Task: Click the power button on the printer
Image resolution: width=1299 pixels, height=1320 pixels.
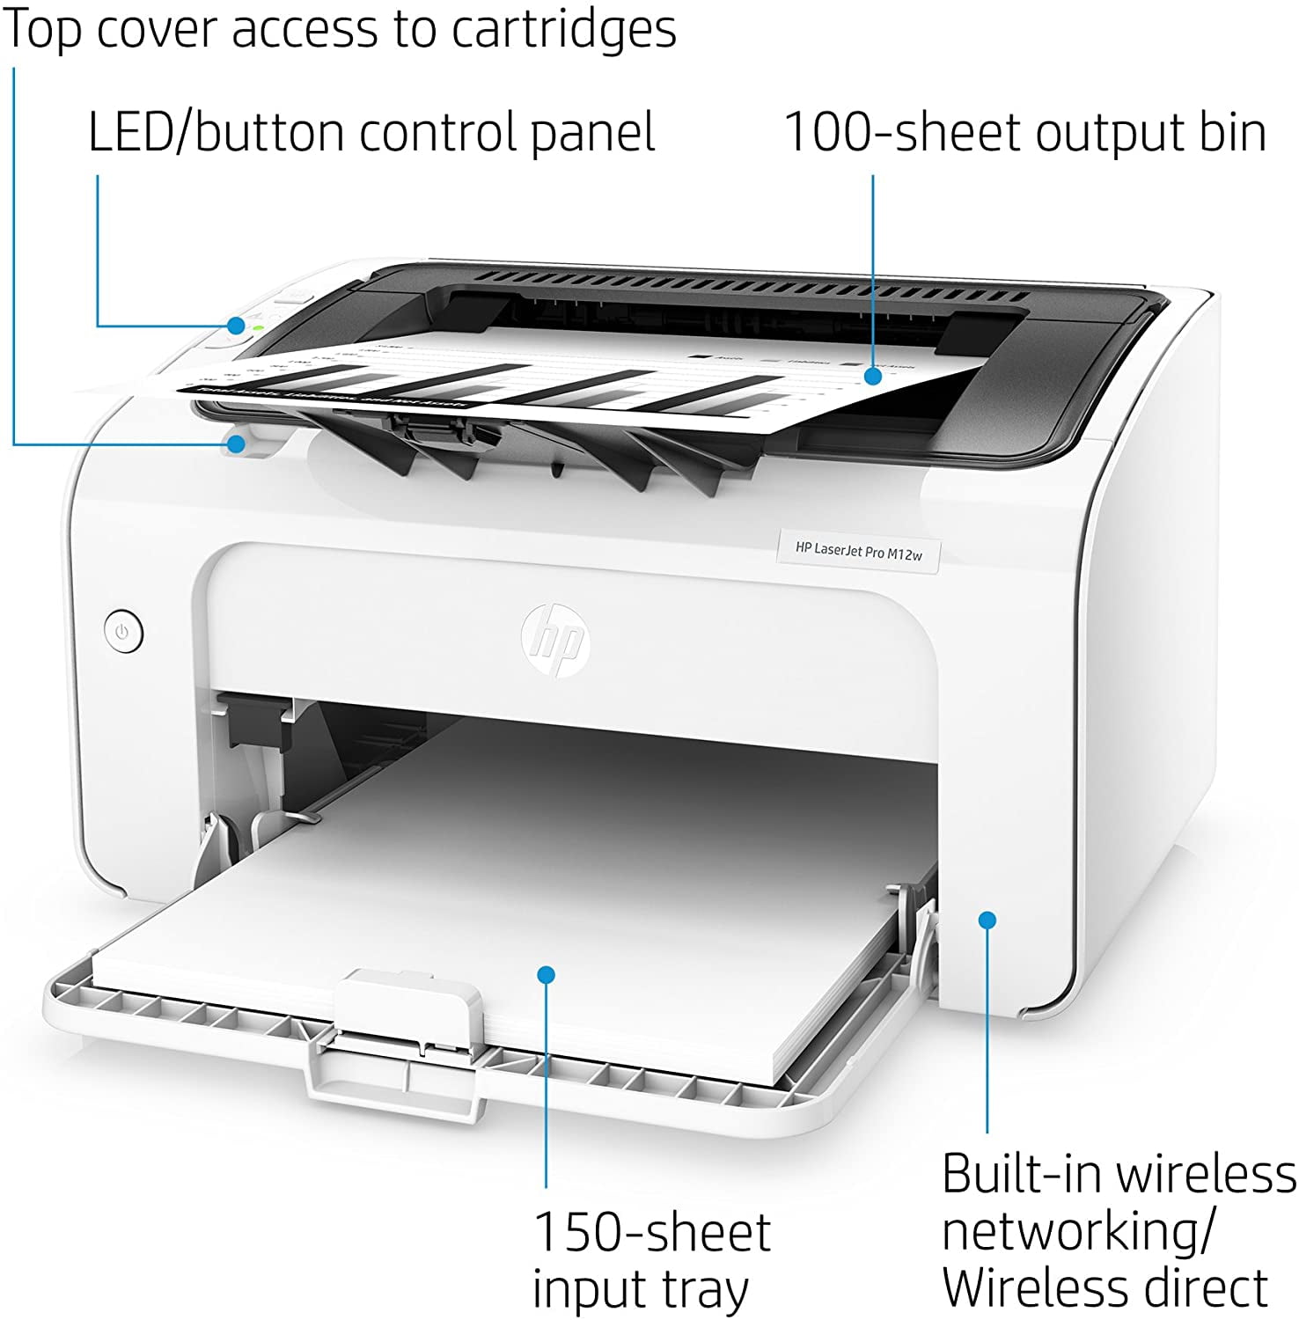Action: [x=122, y=632]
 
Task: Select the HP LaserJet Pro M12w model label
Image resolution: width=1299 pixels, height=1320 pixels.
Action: [x=858, y=551]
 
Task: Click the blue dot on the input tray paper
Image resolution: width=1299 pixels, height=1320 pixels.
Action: [x=547, y=974]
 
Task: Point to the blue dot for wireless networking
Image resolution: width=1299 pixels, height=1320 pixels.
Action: [x=987, y=920]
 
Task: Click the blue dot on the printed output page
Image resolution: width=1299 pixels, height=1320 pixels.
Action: [x=872, y=376]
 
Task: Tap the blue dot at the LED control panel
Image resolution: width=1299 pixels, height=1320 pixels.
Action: [x=236, y=326]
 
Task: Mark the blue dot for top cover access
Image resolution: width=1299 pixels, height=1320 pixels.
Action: [x=235, y=444]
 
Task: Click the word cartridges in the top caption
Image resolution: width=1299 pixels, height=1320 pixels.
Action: [x=564, y=30]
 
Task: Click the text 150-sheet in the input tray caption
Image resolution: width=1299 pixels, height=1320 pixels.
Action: [x=652, y=1232]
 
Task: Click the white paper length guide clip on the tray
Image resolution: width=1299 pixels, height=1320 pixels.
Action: [x=409, y=1007]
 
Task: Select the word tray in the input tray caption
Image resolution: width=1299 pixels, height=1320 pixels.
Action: [x=704, y=1290]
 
